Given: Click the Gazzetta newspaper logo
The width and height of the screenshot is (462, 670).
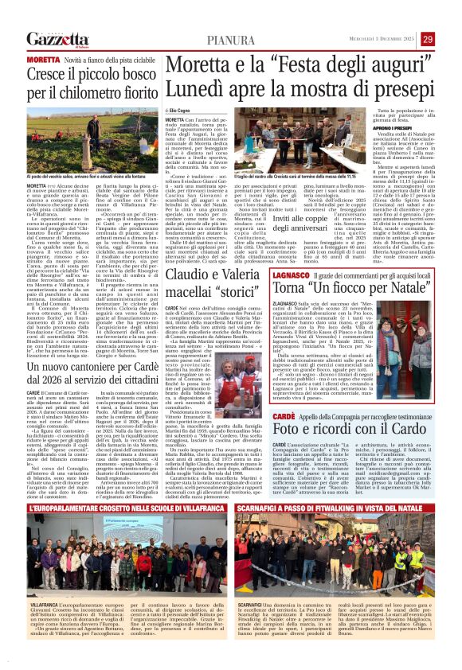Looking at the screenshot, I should [x=57, y=40].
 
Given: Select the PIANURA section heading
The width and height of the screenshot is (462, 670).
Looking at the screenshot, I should [x=230, y=40].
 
